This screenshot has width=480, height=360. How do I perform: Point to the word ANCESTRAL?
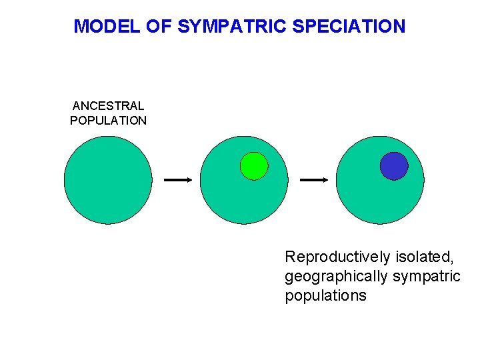click(108, 106)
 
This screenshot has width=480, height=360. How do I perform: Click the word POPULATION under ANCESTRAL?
click(108, 121)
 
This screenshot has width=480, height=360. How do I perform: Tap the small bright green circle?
click(254, 166)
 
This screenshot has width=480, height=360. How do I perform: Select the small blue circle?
click(394, 166)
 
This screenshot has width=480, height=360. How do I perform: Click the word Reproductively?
click(337, 257)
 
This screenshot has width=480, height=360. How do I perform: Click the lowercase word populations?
click(325, 295)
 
